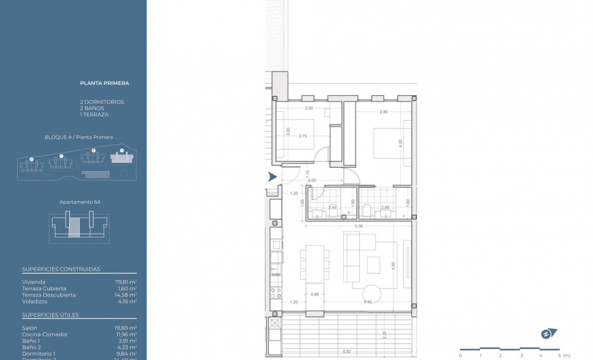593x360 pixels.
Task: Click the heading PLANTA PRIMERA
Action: tap(105, 84)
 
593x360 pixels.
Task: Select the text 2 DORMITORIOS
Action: tap(102, 102)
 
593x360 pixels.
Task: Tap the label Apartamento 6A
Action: tap(80, 202)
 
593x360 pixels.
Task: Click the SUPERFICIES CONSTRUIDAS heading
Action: tap(61, 269)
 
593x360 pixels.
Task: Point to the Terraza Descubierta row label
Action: tap(49, 295)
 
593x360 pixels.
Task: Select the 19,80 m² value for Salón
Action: tap(126, 328)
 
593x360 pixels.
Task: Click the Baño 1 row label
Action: tap(31, 341)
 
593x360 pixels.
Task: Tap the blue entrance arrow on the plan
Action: tap(272, 177)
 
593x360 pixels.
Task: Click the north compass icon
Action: tap(549, 333)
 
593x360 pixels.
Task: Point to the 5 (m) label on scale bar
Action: tap(563, 356)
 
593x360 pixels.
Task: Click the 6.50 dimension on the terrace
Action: tap(346, 351)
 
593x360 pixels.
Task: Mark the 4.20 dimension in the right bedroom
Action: tap(400, 142)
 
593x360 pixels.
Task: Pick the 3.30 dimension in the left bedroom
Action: tap(309, 109)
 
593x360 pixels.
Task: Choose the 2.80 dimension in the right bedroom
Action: tap(384, 112)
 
